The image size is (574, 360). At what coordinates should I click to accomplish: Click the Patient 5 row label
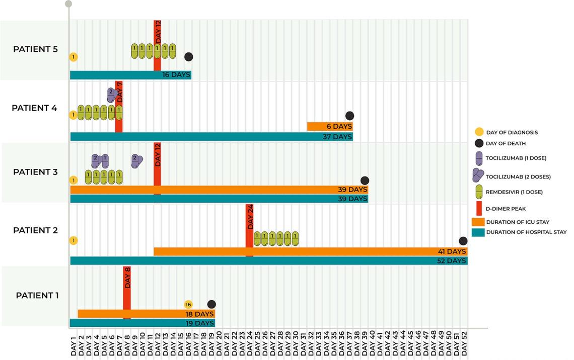click(35, 49)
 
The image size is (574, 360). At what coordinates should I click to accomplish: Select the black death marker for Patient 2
click(463, 241)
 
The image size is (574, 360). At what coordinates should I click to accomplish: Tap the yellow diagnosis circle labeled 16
click(188, 304)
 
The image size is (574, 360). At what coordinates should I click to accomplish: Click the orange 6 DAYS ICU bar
click(330, 126)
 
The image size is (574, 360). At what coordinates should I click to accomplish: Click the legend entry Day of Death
click(506, 143)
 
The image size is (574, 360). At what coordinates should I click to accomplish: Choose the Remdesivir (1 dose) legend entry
click(514, 192)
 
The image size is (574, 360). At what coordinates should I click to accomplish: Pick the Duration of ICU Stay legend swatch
click(478, 222)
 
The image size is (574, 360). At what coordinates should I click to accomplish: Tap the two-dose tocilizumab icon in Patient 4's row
click(112, 94)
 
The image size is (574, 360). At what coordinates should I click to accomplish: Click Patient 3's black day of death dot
click(365, 181)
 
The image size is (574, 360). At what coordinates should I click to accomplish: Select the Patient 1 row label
click(37, 295)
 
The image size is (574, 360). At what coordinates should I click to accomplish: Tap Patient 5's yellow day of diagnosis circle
click(74, 57)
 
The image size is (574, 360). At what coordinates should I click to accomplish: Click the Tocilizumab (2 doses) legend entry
click(518, 176)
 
